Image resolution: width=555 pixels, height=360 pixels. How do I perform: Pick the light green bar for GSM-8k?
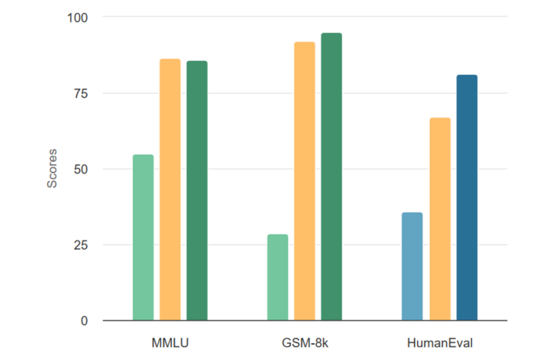point(277,278)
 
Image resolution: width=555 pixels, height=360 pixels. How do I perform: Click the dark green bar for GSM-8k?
point(331,177)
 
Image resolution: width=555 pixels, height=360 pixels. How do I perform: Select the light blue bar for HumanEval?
point(412,267)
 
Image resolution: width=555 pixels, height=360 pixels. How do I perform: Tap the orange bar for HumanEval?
point(439,219)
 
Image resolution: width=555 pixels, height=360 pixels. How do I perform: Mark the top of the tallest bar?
point(331,34)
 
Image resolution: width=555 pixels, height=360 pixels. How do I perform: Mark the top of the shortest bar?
point(277,235)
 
